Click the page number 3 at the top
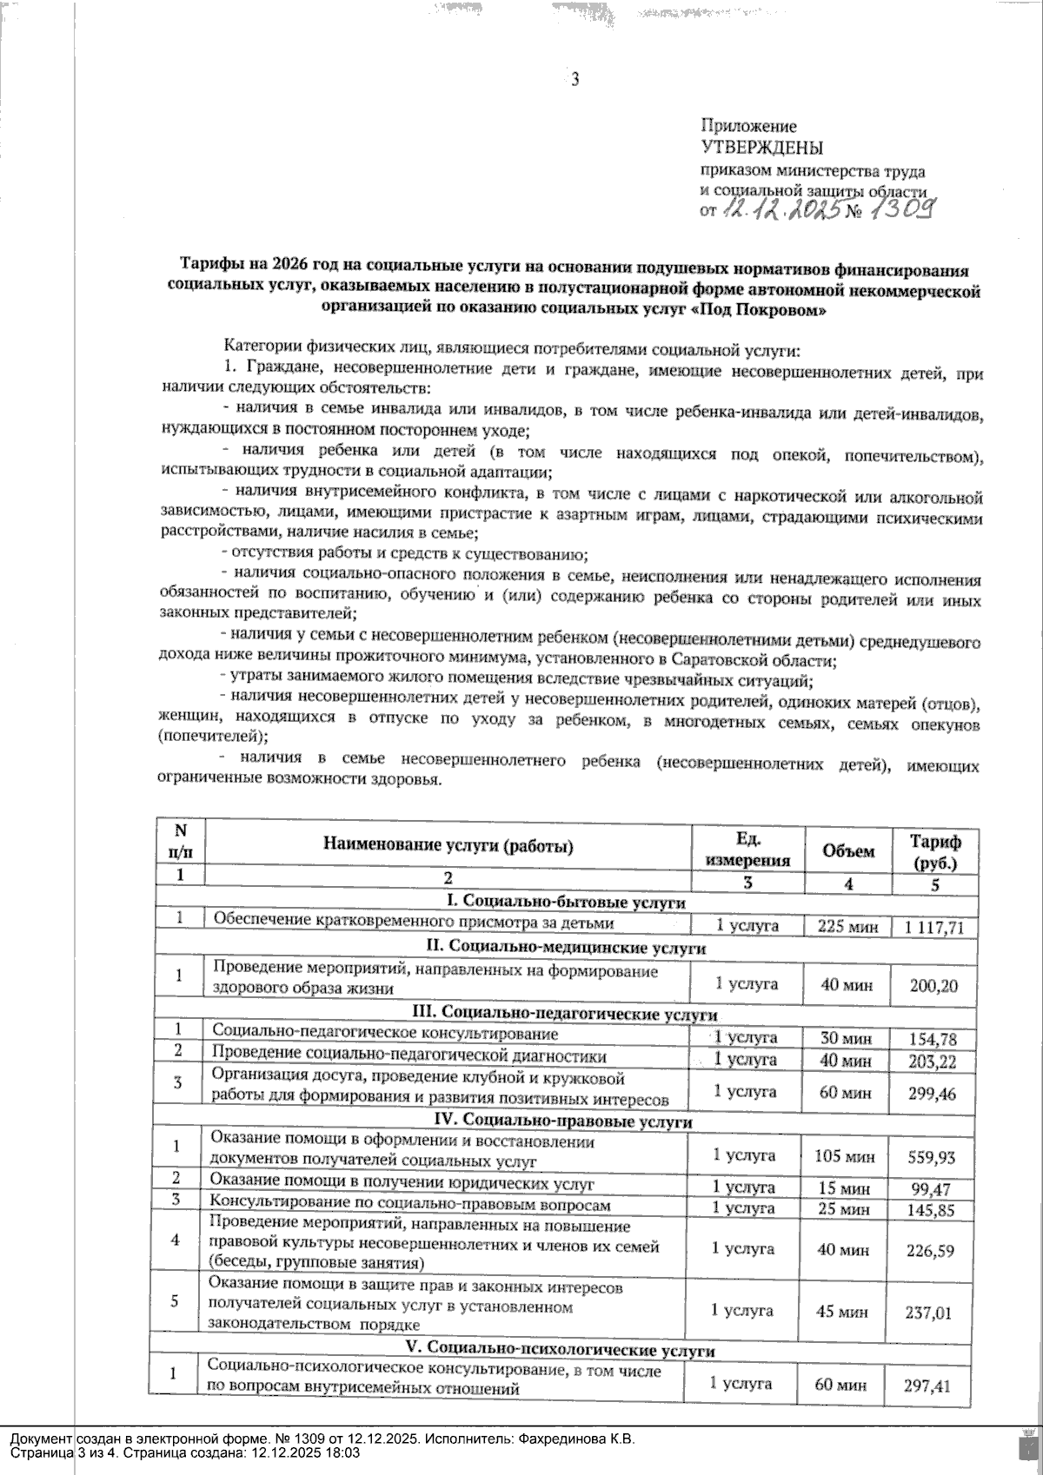[574, 81]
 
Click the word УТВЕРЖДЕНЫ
[762, 149]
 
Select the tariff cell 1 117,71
[933, 927]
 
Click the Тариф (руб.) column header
[935, 851]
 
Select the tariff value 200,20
[932, 986]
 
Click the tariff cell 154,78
[932, 1038]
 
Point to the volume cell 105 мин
[843, 1156]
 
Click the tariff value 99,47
[931, 1187]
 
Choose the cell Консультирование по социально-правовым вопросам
[410, 1206]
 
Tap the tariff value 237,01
[929, 1313]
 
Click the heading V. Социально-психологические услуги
[561, 1352]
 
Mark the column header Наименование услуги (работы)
[448, 844]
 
